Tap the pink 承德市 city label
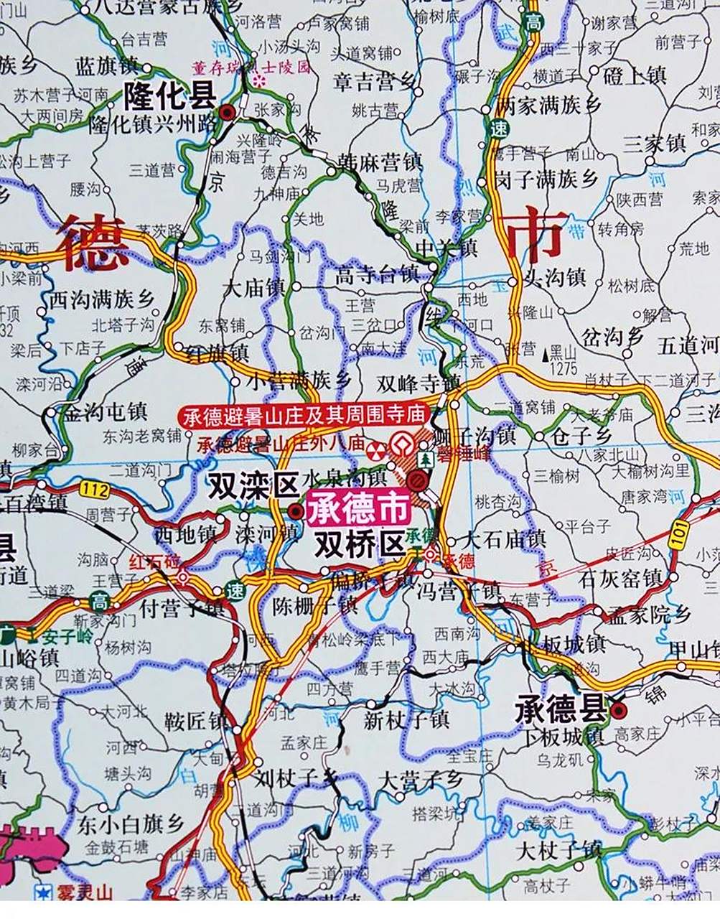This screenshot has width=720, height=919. coord(358,509)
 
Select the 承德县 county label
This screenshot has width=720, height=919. coord(561,710)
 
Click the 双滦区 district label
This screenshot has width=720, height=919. coord(253,486)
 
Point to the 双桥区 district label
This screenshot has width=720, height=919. coord(360,544)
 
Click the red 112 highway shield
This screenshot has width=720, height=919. coord(95,490)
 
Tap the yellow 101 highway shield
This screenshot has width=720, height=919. coord(678,535)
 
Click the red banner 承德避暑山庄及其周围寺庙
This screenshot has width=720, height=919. coord(305,416)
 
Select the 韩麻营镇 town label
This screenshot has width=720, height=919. coord(380,162)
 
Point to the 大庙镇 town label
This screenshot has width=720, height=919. coord(253,288)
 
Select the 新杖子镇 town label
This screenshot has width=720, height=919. coord(406,719)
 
